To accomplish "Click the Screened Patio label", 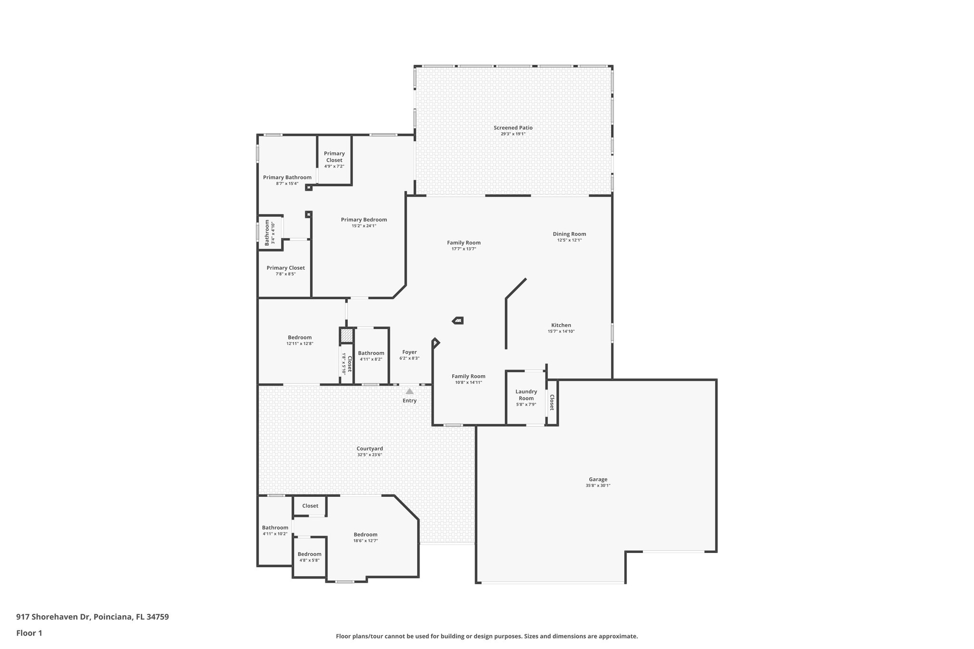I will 513,127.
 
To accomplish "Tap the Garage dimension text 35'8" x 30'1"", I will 598,485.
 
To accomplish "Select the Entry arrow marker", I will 409,391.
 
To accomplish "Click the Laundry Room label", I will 526,395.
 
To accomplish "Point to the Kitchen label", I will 561,325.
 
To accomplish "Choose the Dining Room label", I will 569,234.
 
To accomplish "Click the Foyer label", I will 409,352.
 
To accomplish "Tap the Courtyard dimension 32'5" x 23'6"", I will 370,455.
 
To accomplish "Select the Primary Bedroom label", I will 364,220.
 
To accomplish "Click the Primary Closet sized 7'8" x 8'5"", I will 285,268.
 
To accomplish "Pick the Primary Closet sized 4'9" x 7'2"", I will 334,156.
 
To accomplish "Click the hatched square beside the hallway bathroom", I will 346,336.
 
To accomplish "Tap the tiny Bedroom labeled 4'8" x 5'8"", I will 310,554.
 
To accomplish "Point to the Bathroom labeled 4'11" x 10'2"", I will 275,527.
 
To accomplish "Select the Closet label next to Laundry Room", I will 552,402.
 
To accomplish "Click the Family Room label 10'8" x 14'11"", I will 468,376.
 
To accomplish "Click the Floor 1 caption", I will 29,633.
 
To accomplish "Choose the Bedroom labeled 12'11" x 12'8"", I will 300,338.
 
